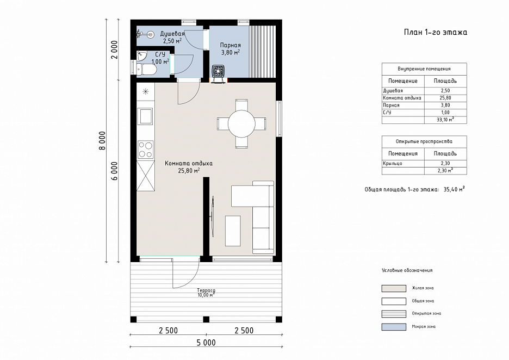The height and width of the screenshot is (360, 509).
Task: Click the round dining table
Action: tap(241, 123)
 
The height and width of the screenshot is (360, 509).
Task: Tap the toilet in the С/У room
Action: tap(147, 70)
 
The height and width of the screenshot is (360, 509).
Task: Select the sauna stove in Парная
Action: tap(218, 71)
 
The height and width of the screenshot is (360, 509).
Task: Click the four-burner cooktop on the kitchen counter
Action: tap(145, 150)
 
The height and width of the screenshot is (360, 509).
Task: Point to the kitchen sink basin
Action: tap(145, 116)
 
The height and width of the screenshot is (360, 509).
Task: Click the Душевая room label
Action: tap(172, 34)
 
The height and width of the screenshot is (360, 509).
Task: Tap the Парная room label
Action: tap(231, 45)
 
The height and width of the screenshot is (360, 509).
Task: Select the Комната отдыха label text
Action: tap(189, 163)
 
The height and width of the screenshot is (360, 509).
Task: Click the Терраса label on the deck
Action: tap(206, 290)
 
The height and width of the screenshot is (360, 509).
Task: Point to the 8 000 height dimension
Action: tap(102, 140)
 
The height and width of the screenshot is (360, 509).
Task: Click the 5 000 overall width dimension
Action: tap(206, 343)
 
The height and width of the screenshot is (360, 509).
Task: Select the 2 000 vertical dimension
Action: tap(114, 49)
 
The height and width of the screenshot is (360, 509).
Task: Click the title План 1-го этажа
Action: tap(435, 32)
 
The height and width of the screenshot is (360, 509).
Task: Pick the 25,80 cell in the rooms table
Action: tap(445, 98)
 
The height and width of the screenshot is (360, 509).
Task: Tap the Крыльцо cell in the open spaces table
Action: tap(393, 163)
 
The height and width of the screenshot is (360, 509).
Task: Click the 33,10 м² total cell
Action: tap(445, 120)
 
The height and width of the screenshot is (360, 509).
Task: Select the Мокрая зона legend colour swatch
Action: tap(394, 327)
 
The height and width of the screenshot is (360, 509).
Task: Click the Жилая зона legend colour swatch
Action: tap(394, 288)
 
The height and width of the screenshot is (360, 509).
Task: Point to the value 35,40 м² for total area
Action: tap(454, 189)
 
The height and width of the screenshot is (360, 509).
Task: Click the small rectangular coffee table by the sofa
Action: tap(233, 231)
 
